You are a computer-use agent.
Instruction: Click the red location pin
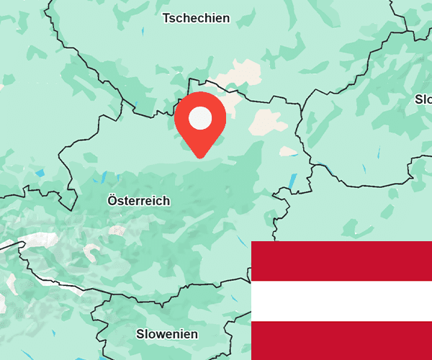pyautogui.click(x=200, y=122)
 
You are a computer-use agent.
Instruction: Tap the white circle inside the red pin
pyautogui.click(x=200, y=117)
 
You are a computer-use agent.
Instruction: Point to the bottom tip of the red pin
pyautogui.click(x=200, y=156)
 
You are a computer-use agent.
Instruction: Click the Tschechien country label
pyautogui.click(x=196, y=18)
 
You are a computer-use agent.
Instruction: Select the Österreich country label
pyautogui.click(x=138, y=200)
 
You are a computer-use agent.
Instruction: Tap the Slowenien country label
pyautogui.click(x=167, y=334)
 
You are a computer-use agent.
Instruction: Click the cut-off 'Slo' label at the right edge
pyautogui.click(x=423, y=99)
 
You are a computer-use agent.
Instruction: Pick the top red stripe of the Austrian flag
pyautogui.click(x=341, y=261)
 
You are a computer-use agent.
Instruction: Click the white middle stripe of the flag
pyautogui.click(x=341, y=301)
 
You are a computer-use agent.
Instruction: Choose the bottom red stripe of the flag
pyautogui.click(x=341, y=341)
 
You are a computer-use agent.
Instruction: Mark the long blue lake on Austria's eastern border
pyautogui.click(x=292, y=181)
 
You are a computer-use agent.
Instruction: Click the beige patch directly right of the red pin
pyautogui.click(x=264, y=122)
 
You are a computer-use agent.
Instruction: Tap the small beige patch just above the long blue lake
pyautogui.click(x=287, y=152)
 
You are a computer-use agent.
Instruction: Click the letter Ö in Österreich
pyautogui.click(x=112, y=200)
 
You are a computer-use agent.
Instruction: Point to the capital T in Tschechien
pyautogui.click(x=166, y=18)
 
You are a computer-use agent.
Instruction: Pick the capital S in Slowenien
pyautogui.click(x=140, y=334)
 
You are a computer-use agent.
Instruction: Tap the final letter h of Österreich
pyautogui.click(x=166, y=200)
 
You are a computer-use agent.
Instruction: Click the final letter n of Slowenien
pyautogui.click(x=194, y=335)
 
